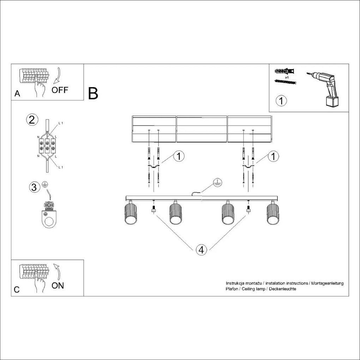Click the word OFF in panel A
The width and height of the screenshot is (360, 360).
click(60, 90)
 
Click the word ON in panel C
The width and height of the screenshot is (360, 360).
click(58, 286)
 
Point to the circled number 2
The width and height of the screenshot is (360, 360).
click(32, 120)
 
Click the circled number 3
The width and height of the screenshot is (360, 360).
click(34, 187)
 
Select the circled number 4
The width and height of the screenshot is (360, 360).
click(201, 250)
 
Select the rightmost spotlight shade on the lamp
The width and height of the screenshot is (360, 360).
click(273, 214)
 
